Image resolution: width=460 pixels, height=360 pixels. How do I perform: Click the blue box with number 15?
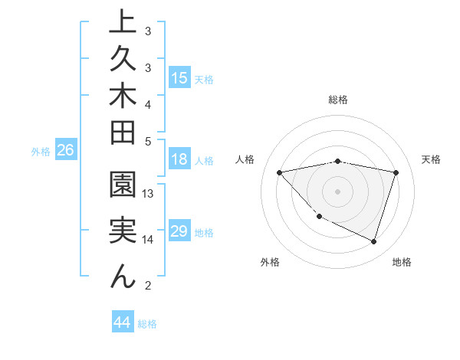click(179, 78)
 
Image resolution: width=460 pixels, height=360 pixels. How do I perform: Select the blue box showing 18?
click(179, 160)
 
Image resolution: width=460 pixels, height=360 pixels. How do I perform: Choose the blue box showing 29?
click(179, 231)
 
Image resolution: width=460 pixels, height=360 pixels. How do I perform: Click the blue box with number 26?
click(66, 151)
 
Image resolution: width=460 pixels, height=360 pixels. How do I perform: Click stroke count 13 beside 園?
click(149, 194)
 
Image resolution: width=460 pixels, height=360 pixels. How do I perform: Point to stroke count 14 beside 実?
click(149, 240)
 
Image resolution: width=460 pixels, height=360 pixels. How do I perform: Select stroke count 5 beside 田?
click(148, 141)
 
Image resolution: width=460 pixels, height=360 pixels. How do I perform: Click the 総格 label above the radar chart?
click(338, 100)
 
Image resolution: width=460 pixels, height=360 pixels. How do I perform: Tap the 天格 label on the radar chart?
click(432, 159)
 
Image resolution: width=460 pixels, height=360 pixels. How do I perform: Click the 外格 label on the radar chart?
click(270, 262)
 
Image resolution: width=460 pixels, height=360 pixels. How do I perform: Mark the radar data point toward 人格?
click(280, 172)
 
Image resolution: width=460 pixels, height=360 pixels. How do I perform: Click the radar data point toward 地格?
click(373, 242)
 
